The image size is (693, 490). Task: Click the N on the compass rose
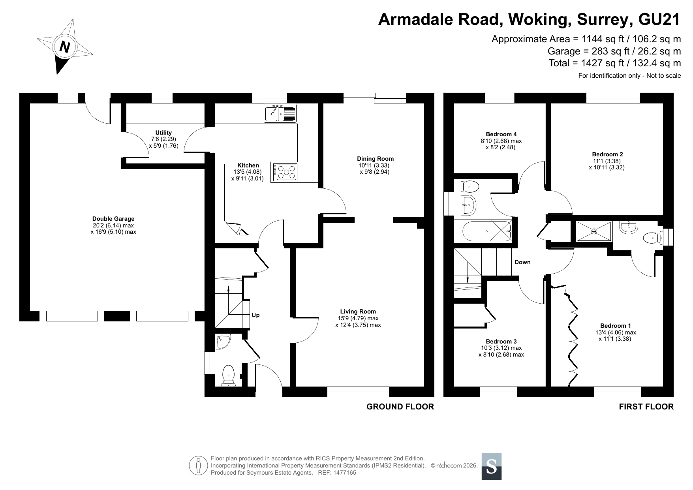click(64, 47)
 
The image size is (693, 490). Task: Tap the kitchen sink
click(280, 113)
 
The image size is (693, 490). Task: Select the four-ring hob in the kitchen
click(284, 172)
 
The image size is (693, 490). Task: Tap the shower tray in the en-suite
click(594, 231)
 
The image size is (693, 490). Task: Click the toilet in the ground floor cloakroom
click(228, 375)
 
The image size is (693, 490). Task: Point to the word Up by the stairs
click(256, 315)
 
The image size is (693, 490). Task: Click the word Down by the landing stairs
click(522, 262)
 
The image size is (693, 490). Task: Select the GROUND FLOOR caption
click(400, 407)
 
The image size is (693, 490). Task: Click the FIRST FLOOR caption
click(646, 407)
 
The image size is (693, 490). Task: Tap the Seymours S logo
click(492, 466)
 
